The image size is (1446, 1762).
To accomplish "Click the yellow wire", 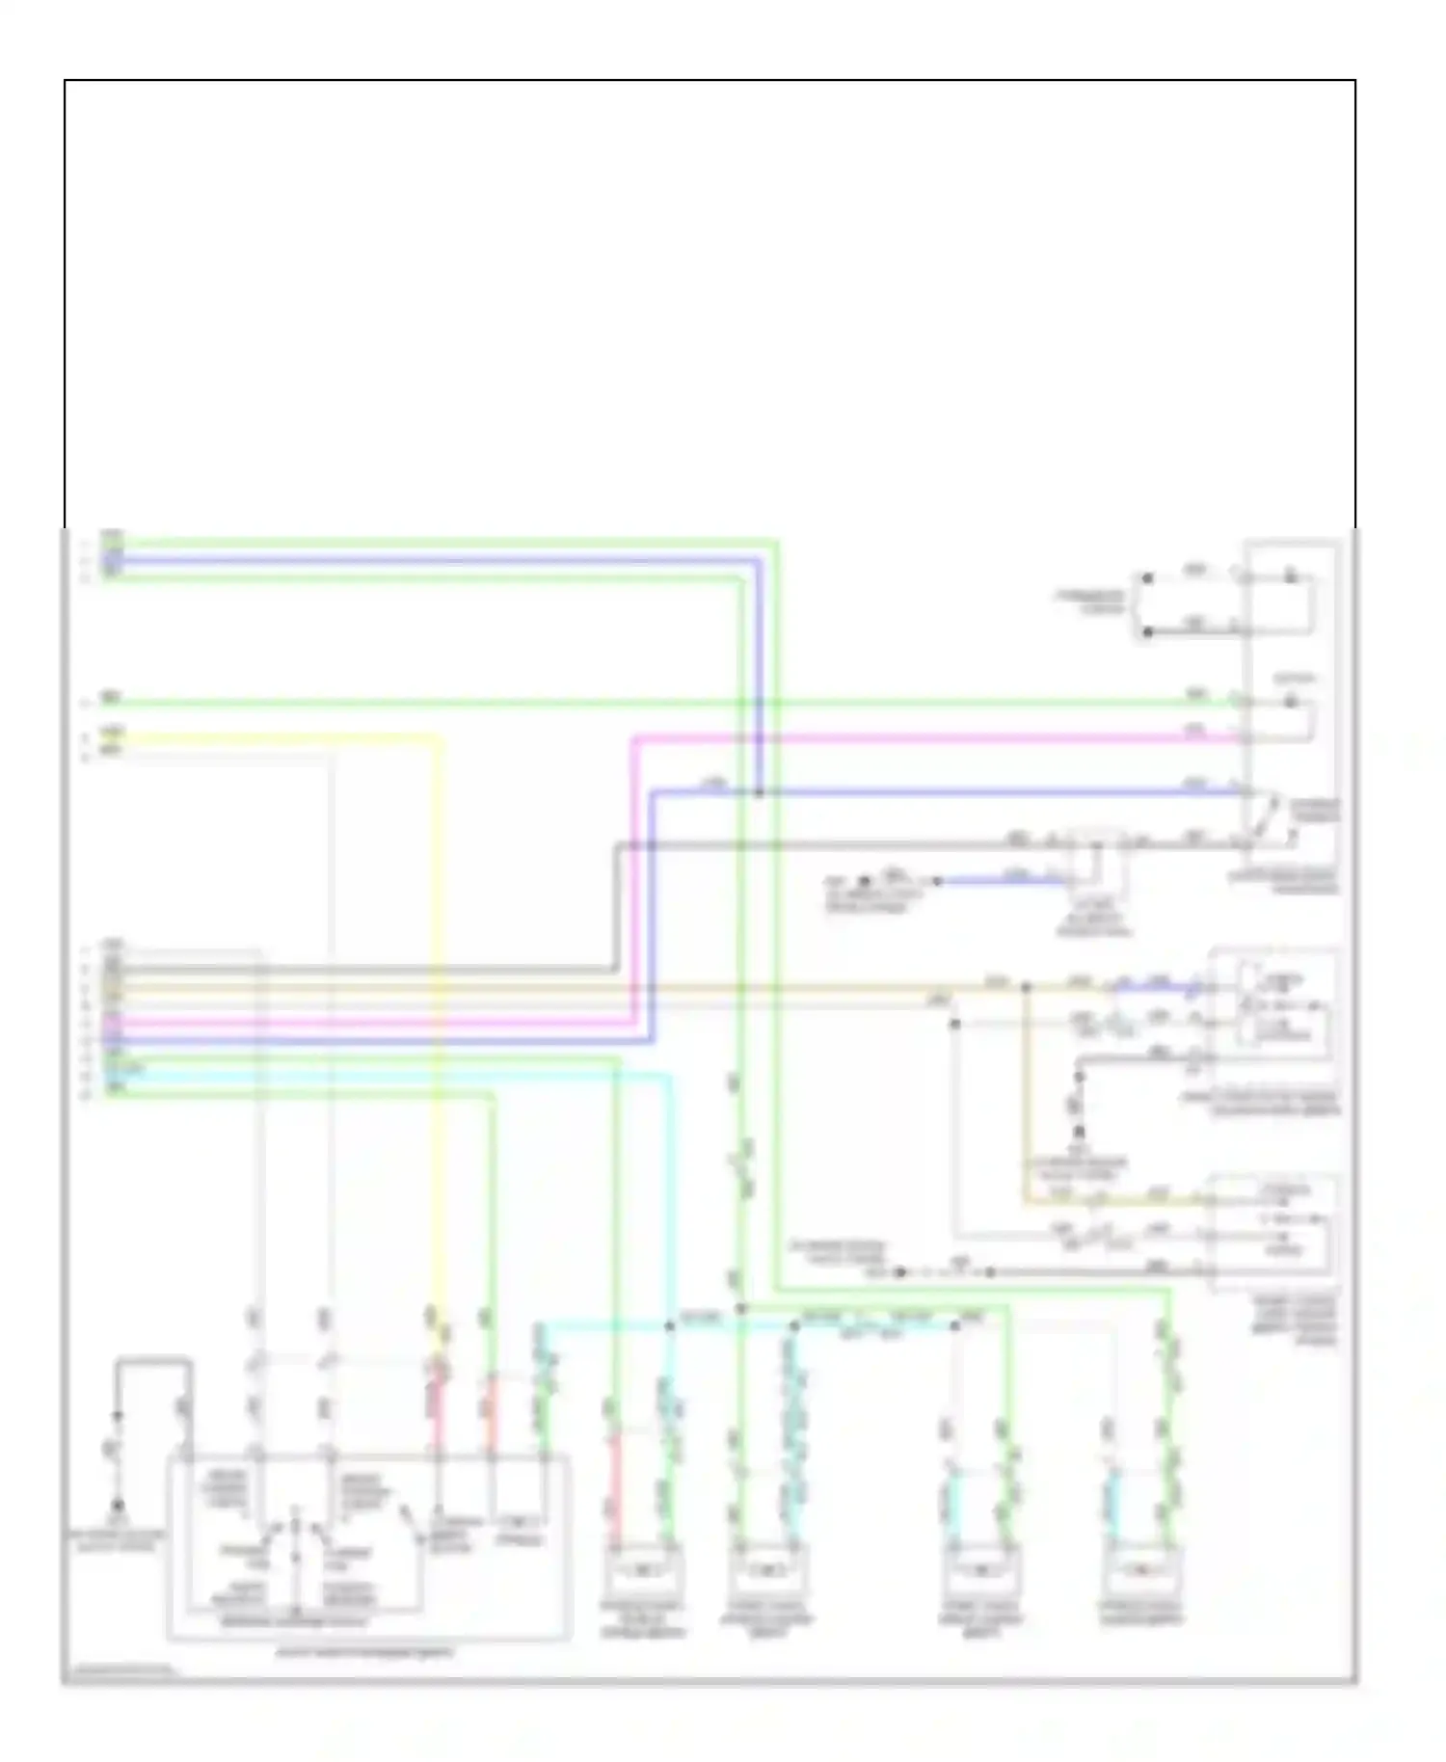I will pos(289,739).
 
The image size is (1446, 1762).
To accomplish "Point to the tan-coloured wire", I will pos(578,987).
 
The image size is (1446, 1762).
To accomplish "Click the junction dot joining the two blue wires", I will pos(759,792).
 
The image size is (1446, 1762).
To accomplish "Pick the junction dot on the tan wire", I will pos(1026,987).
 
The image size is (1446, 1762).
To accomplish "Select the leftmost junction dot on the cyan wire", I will pos(670,1326).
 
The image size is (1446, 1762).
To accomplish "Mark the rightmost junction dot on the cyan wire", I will pos(954,1326).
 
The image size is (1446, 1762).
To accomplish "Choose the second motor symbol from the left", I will pos(767,1572).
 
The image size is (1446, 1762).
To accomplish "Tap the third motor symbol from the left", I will pos(980,1572).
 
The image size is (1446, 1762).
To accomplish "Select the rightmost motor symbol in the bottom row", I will pos(1141,1572).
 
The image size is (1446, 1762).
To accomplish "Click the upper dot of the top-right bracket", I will pos(1147,578).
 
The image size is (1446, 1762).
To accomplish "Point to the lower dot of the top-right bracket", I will pos(1147,632).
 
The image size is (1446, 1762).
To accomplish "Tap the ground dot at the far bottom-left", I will pos(117,1505).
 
